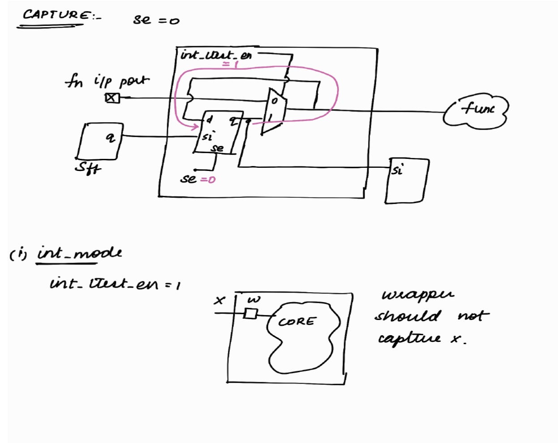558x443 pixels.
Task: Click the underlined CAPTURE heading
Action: pos(56,15)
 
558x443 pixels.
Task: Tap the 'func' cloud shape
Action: pos(476,109)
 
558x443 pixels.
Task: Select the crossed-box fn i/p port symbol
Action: pos(112,98)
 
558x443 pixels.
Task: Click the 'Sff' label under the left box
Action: pos(87,167)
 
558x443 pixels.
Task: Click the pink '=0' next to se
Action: pos(208,179)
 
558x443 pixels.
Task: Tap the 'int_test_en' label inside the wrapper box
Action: pos(216,55)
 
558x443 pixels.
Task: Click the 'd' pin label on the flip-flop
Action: pos(209,119)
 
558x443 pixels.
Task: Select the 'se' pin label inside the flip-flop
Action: pos(218,148)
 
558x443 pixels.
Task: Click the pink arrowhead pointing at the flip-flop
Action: pos(195,127)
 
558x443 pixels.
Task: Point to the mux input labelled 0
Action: pos(275,101)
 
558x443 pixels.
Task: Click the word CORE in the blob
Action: pos(296,322)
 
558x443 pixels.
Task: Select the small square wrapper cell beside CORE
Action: pos(251,314)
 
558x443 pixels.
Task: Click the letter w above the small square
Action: pos(253,299)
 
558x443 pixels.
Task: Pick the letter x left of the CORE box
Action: pos(219,300)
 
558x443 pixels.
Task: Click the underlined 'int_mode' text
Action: pos(79,253)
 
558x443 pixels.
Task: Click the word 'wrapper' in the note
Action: pos(417,294)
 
